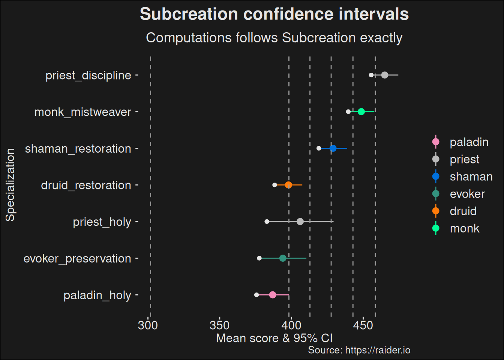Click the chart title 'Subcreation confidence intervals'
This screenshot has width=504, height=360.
tap(274, 14)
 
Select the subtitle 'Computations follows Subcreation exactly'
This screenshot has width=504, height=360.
tap(274, 38)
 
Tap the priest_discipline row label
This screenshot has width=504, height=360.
tap(88, 75)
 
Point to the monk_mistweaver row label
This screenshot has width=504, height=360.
tap(83, 112)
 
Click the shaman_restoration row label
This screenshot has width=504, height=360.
tap(78, 149)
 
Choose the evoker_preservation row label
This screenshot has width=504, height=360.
tap(77, 259)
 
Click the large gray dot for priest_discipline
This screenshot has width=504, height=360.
tap(384, 75)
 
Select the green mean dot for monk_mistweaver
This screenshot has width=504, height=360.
tap(361, 112)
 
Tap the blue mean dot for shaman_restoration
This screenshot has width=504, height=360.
tap(333, 148)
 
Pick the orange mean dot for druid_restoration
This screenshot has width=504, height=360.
tap(288, 185)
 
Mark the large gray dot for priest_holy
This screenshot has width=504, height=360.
tap(300, 222)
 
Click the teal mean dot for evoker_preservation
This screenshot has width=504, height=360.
tap(283, 258)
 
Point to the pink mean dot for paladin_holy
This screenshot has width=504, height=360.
tap(273, 295)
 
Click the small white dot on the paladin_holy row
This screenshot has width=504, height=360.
tap(256, 295)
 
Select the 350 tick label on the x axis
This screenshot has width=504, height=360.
tap(219, 325)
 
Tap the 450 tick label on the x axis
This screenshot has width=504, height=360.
tap(363, 325)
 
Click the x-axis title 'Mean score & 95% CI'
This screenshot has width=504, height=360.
tap(274, 338)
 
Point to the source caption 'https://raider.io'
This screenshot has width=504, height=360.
tap(359, 350)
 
